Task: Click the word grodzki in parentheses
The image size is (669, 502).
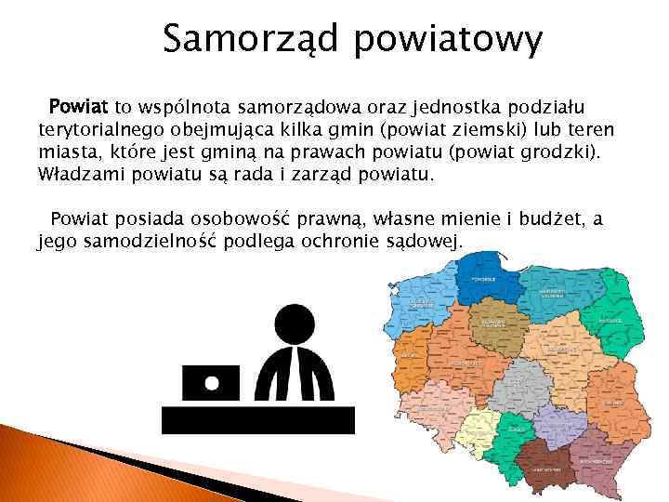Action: pos(560,152)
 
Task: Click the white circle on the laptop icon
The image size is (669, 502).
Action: pos(212,382)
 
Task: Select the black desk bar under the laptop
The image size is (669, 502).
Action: pos(258,421)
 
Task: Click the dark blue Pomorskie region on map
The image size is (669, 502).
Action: pos(483,277)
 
